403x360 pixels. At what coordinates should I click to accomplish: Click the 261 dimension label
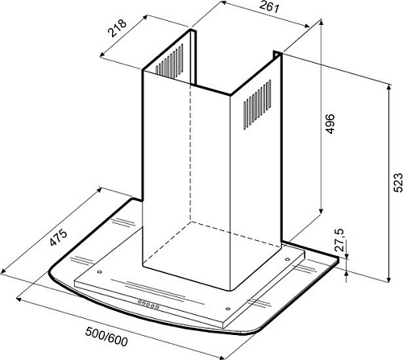(x=269, y=6)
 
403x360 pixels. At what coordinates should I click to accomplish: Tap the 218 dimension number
(x=117, y=27)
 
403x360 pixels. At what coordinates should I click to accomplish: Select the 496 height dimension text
(x=330, y=124)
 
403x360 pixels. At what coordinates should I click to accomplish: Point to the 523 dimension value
(x=398, y=183)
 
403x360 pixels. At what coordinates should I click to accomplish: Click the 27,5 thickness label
(x=340, y=240)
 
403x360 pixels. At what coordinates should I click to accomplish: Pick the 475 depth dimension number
(x=58, y=238)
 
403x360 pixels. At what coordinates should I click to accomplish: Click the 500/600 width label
(x=106, y=337)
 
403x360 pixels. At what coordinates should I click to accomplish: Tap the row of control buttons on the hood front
(x=148, y=304)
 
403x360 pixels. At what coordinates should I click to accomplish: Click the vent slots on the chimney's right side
(x=257, y=105)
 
